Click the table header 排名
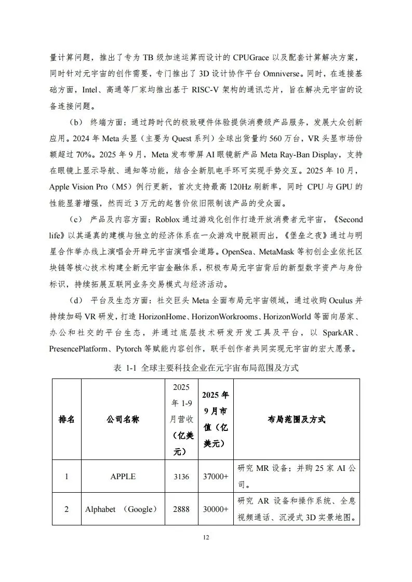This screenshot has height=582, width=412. [66, 419]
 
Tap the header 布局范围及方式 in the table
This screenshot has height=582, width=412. [296, 419]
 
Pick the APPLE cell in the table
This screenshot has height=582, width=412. [123, 476]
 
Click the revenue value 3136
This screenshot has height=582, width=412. [181, 476]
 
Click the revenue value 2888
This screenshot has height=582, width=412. [181, 509]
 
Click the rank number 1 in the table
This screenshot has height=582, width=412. [66, 476]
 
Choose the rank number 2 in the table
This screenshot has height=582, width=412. [66, 509]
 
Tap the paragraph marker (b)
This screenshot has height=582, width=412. [76, 123]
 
